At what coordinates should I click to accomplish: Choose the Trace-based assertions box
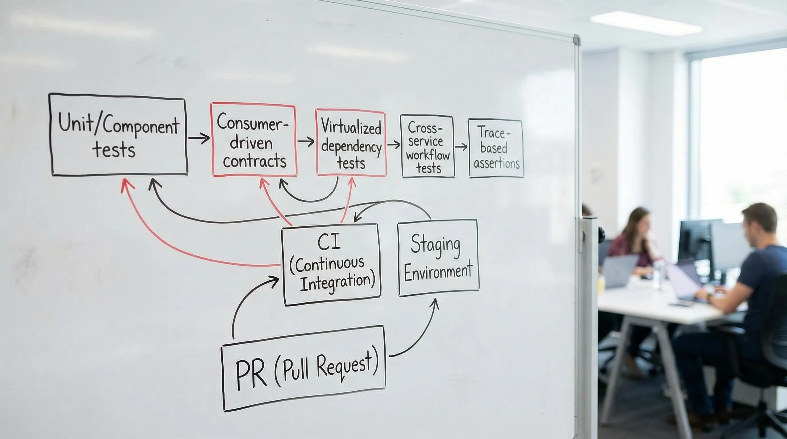pyautogui.click(x=496, y=148)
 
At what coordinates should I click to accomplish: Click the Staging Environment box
pyautogui.click(x=438, y=258)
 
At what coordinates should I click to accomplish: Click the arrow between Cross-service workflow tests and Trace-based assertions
pyautogui.click(x=461, y=147)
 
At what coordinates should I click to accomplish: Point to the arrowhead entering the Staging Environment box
pyautogui.click(x=435, y=303)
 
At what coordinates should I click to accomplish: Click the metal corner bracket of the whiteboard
pyautogui.click(x=576, y=40)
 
